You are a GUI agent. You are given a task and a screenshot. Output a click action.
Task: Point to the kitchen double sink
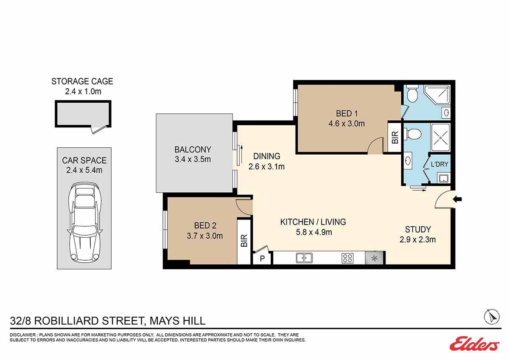coord(304,258)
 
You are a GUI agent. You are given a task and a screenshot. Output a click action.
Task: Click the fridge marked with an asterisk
coord(374,258)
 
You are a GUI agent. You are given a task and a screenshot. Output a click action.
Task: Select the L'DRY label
coord(439,164)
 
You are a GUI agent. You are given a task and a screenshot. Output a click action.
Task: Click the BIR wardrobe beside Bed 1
coord(395,138)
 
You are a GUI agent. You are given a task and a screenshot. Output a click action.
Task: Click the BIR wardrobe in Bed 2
coord(244,241)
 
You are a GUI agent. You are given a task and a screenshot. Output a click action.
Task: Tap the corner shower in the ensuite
coord(437,95)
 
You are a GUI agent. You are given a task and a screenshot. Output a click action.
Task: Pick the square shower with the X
coord(440,138)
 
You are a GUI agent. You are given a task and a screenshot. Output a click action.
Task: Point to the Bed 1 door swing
coord(375,146)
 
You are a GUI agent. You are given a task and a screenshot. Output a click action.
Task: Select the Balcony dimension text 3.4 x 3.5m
coord(193,159)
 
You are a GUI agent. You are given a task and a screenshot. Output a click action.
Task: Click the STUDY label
coord(418,229)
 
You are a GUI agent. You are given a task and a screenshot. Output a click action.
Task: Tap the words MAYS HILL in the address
coord(177,321)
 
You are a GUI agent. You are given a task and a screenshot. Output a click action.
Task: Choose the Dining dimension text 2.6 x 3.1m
coord(266,167)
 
